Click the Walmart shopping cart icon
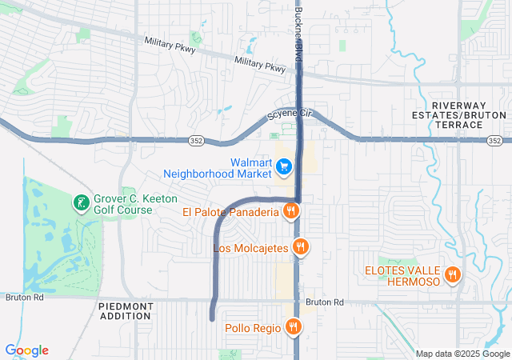284,167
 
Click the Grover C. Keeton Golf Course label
134,205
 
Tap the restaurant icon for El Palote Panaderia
290,212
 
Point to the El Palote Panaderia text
230,212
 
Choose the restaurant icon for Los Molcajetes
300,248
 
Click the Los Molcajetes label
250,248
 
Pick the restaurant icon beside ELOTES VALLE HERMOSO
452,274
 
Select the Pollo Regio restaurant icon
294,327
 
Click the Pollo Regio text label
253,328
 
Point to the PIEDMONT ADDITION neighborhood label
125,310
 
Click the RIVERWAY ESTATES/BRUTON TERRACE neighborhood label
469,116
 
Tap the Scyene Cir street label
288,114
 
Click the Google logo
26,350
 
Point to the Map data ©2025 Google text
463,354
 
